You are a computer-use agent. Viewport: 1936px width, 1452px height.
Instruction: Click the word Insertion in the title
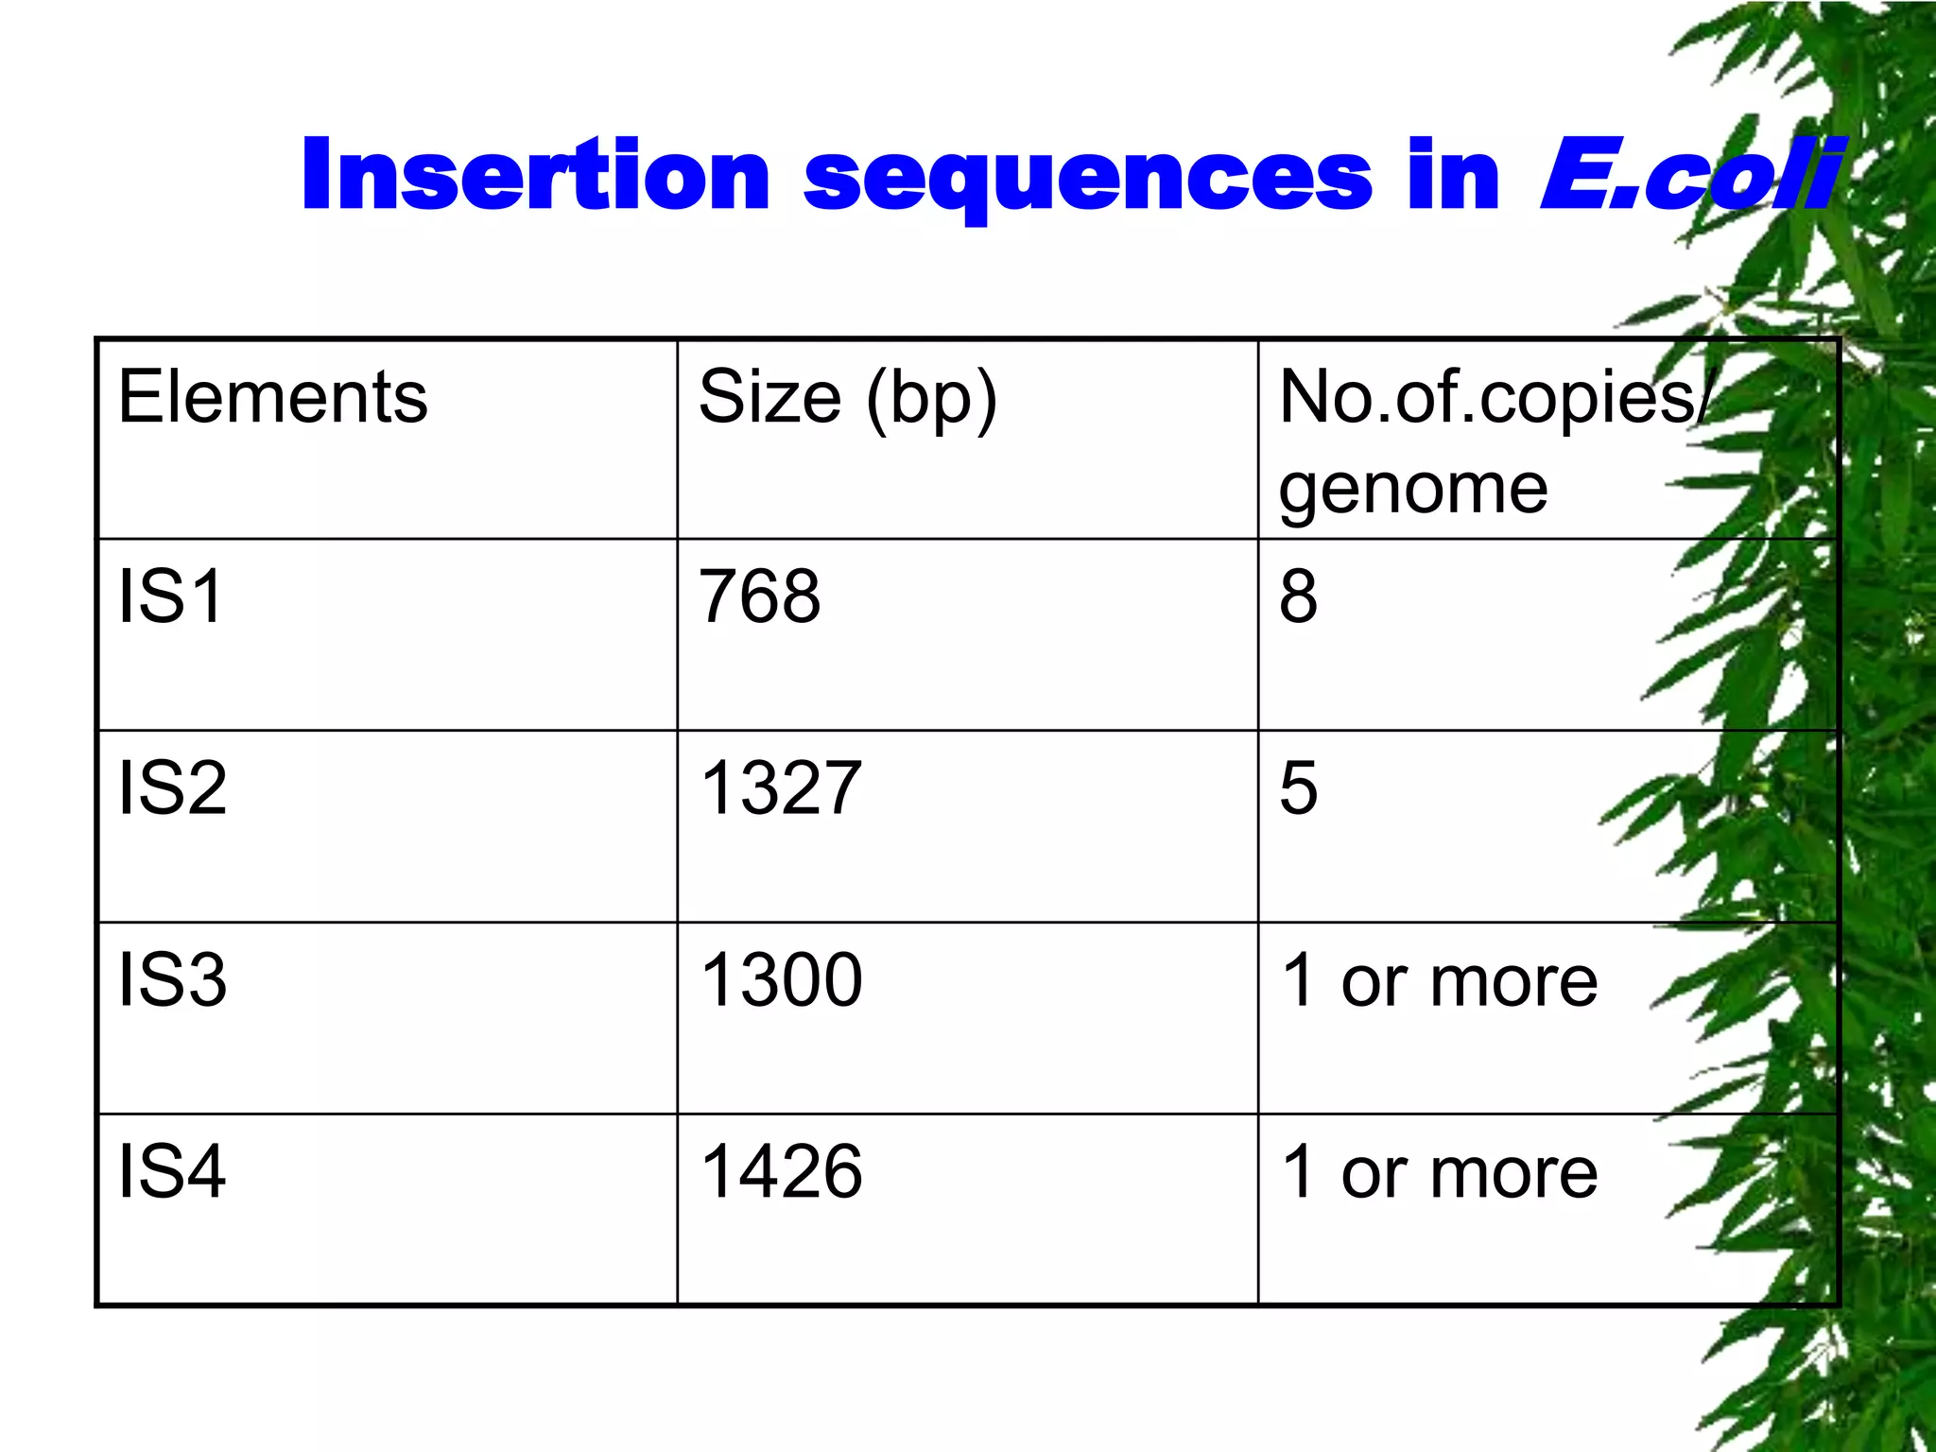click(535, 175)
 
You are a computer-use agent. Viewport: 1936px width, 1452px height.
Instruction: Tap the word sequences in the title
click(1087, 180)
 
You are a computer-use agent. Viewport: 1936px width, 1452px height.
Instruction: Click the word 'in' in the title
click(1453, 175)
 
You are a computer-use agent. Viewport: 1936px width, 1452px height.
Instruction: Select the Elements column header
click(272, 397)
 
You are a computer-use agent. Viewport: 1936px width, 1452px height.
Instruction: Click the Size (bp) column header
click(847, 399)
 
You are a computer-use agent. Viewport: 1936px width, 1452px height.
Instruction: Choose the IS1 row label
click(170, 596)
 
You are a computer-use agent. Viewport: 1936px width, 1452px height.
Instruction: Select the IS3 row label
click(172, 979)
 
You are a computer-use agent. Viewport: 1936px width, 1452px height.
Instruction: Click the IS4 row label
click(172, 1171)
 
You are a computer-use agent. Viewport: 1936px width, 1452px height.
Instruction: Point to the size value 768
click(759, 596)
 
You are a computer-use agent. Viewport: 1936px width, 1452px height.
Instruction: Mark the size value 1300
click(781, 979)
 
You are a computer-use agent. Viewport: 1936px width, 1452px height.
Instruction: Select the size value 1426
click(781, 1171)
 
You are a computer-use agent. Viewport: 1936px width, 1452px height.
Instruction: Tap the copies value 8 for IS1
click(1298, 596)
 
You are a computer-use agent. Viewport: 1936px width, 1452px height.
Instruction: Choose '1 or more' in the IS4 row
click(1439, 1172)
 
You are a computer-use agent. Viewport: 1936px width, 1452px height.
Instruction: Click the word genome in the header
click(1413, 490)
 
